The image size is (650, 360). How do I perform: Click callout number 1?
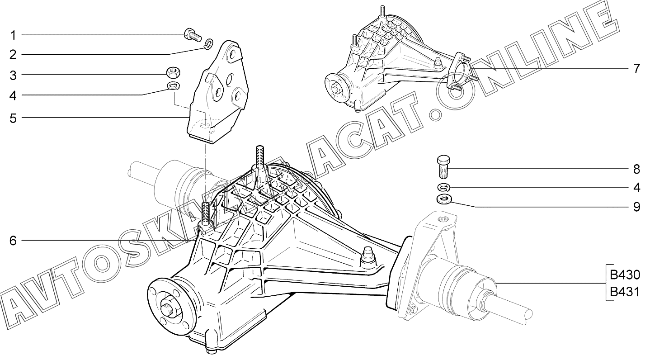tap(13, 35)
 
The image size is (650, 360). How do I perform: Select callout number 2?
tap(13, 55)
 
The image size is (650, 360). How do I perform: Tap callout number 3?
tap(13, 75)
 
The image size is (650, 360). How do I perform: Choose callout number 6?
tap(13, 241)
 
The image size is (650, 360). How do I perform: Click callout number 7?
tap(636, 69)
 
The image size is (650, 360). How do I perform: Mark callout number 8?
tap(636, 169)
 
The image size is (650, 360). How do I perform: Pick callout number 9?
tap(636, 207)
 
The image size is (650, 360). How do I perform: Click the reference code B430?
tap(624, 275)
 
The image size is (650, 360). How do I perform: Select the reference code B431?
tap(624, 292)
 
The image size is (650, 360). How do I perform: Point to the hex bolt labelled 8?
tap(443, 166)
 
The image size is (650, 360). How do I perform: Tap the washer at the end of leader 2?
tap(208, 44)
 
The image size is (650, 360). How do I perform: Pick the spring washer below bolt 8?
tap(443, 187)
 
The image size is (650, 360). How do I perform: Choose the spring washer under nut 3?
tap(173, 85)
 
